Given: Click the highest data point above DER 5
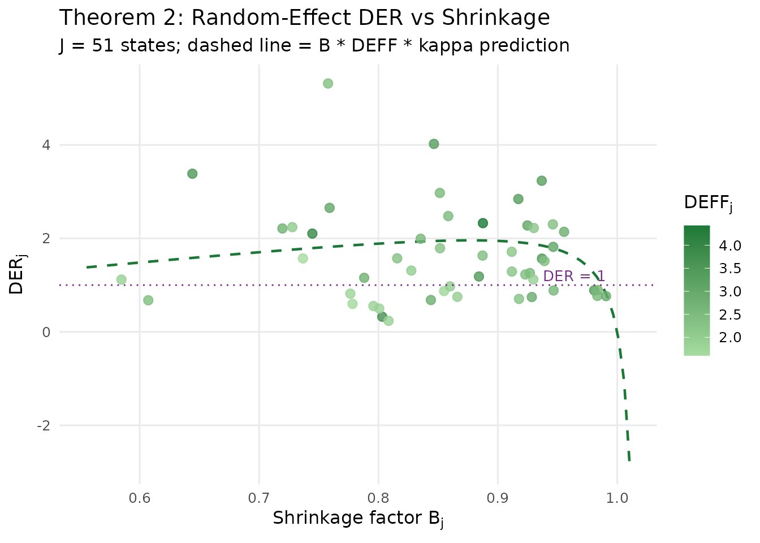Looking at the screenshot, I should click(x=328, y=84).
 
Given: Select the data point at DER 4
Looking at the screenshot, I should click(x=434, y=144).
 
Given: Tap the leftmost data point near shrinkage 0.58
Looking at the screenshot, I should click(x=121, y=280).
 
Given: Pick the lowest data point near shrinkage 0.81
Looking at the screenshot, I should click(x=388, y=321).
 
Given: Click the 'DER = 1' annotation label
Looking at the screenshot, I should click(x=573, y=277).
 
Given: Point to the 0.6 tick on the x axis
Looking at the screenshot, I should click(x=140, y=498).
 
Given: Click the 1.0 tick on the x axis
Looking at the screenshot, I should click(x=617, y=498).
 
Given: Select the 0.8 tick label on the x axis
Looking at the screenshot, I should click(x=378, y=498).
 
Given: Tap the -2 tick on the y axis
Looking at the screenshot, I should click(x=44, y=426).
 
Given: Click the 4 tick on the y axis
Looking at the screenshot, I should click(x=46, y=145).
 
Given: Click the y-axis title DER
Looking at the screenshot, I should click(x=17, y=276).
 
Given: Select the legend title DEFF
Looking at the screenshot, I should click(x=707, y=203).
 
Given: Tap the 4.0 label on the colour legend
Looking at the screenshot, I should click(x=730, y=245).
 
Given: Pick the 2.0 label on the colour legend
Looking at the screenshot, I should click(x=730, y=338).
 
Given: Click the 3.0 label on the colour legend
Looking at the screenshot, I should click(x=730, y=292).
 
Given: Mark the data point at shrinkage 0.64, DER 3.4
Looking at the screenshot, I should click(x=192, y=174).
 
